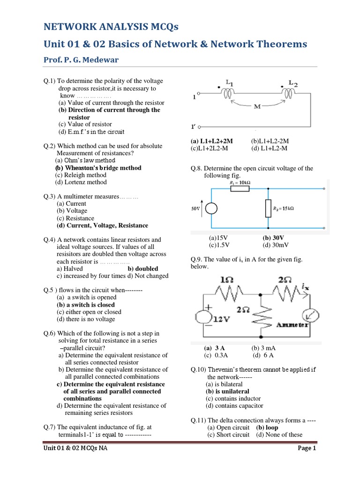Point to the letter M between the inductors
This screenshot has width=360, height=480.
coord(257,106)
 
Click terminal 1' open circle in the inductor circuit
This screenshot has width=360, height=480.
coord(200,127)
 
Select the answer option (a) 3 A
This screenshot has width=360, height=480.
coord(214,348)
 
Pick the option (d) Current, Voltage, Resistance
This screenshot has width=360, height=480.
coord(102,225)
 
